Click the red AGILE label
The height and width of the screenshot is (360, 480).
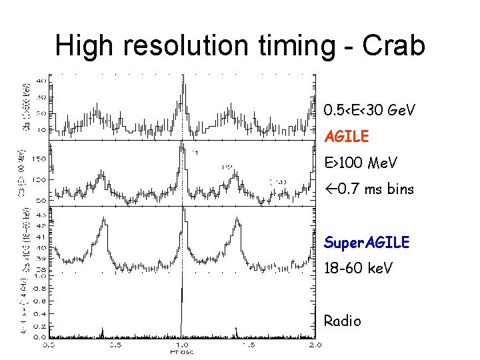point(346,137)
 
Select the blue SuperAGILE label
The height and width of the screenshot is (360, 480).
point(366,243)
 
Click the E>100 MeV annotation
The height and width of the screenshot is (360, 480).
point(360,163)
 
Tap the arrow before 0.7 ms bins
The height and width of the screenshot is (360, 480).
point(330,189)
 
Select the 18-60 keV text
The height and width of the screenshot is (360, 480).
point(359,269)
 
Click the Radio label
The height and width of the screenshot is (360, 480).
point(342,321)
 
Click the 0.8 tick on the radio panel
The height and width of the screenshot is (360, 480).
point(40,288)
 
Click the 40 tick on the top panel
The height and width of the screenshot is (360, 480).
point(41,81)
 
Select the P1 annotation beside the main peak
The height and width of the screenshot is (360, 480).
point(195,152)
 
